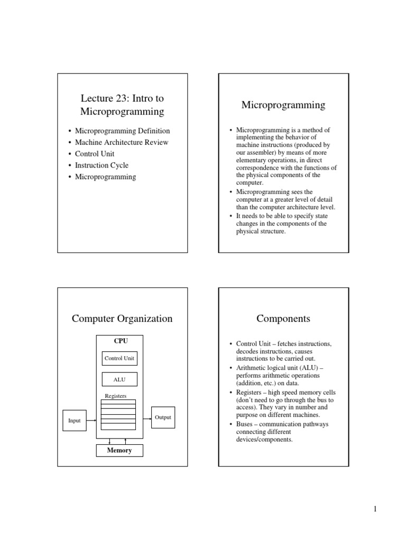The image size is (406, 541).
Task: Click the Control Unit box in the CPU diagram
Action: point(119,358)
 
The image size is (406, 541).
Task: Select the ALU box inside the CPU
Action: point(119,379)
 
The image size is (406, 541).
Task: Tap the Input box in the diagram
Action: point(75,421)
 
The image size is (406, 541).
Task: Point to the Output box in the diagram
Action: point(163,417)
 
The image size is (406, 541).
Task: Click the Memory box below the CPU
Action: point(119,451)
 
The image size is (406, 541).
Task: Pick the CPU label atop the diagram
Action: point(121,341)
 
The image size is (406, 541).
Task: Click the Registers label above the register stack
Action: point(116,395)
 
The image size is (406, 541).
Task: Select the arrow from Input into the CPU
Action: point(91,421)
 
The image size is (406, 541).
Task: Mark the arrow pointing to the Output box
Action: point(144,417)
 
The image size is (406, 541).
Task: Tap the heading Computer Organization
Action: point(122,319)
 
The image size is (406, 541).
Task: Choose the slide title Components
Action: point(283,319)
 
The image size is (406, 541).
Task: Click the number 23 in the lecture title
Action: point(121,98)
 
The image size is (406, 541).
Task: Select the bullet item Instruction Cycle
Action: point(101,165)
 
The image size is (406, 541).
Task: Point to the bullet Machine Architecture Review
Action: point(122,142)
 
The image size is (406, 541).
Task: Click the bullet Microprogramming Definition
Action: point(123,130)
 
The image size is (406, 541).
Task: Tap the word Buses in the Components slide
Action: point(245,424)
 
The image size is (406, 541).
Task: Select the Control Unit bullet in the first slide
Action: point(95,154)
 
